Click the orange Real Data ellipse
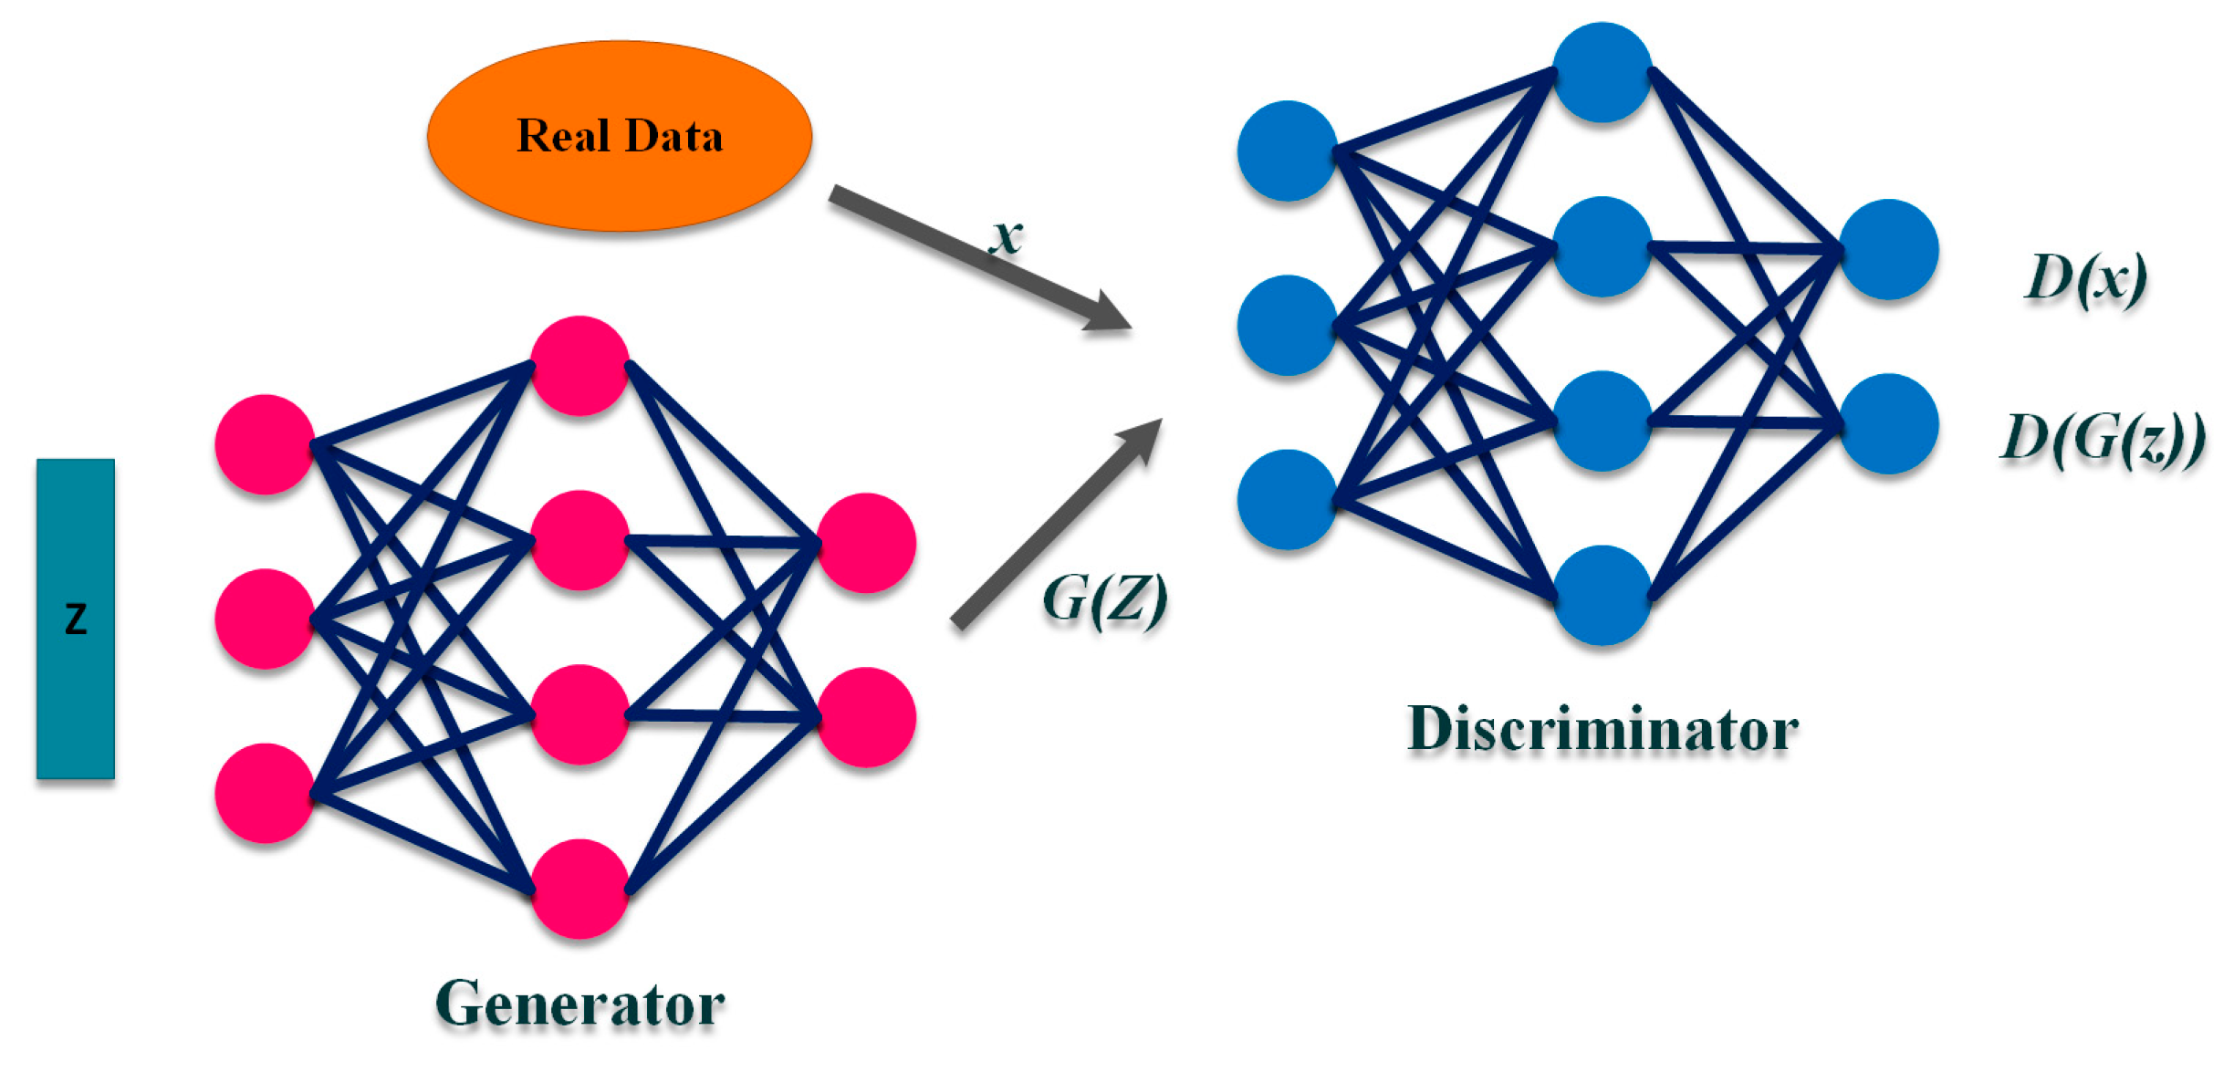pyautogui.click(x=619, y=136)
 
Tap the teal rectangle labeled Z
pyautogui.click(x=76, y=619)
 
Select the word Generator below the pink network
pyautogui.click(x=580, y=1004)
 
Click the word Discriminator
pyautogui.click(x=1602, y=730)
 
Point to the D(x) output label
pyautogui.click(x=2086, y=277)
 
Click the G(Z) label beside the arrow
pyautogui.click(x=1104, y=599)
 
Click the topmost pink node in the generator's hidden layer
pyautogui.click(x=579, y=366)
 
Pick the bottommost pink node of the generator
pyautogui.click(x=579, y=889)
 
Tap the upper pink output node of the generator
pyautogui.click(x=866, y=543)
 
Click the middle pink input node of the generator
pyautogui.click(x=265, y=619)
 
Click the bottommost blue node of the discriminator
pyautogui.click(x=1602, y=595)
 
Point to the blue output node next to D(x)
pyautogui.click(x=1888, y=249)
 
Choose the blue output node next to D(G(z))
pyautogui.click(x=1888, y=423)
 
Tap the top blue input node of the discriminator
pyautogui.click(x=1287, y=151)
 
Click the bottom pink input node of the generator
pyautogui.click(x=265, y=793)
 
